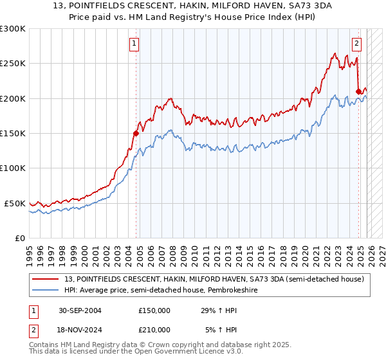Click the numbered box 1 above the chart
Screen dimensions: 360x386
(x=134, y=44)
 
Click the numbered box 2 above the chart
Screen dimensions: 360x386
(x=356, y=44)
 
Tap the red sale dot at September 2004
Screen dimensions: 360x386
(x=136, y=134)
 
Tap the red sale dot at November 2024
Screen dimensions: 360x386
(x=358, y=91)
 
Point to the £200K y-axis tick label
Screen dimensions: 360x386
(x=13, y=99)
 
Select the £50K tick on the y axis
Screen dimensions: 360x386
(x=15, y=203)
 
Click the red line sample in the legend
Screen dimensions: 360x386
(x=46, y=279)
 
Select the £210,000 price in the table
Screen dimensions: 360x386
(x=154, y=329)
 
